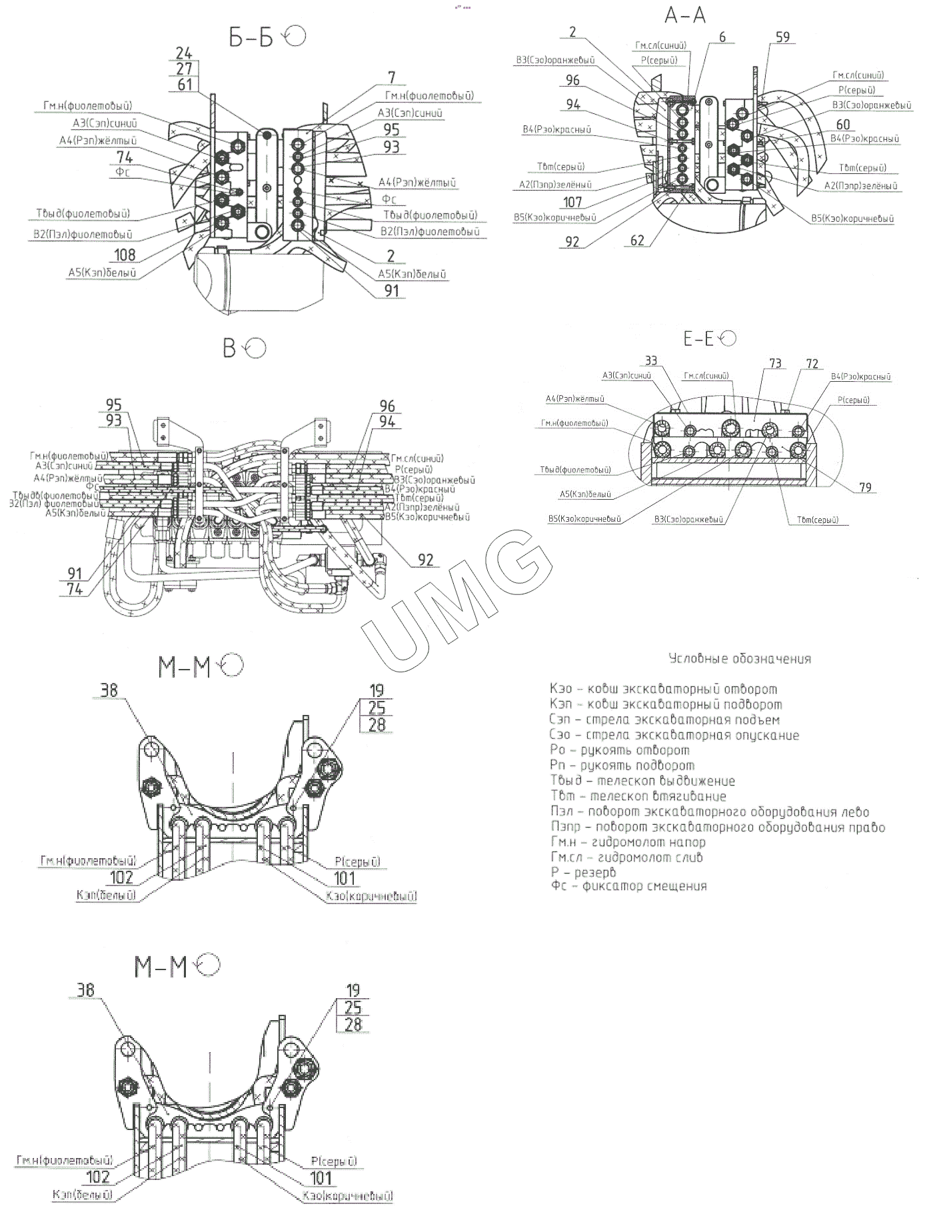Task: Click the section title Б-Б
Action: click(x=251, y=38)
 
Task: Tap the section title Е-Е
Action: click(x=698, y=339)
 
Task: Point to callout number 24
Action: click(x=184, y=53)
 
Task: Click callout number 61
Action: click(x=184, y=85)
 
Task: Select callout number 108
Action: click(x=125, y=255)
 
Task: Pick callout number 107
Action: click(x=572, y=201)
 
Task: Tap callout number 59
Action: click(x=783, y=37)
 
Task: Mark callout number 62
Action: click(x=637, y=240)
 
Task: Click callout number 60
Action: click(x=843, y=125)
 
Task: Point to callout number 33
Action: click(x=651, y=360)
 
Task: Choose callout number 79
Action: click(x=864, y=488)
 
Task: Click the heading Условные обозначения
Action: click(x=740, y=659)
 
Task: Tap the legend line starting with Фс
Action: click(x=628, y=886)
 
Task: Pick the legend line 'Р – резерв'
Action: click(x=583, y=872)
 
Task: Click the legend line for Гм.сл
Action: click(x=626, y=857)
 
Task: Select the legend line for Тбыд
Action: click(x=642, y=781)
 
